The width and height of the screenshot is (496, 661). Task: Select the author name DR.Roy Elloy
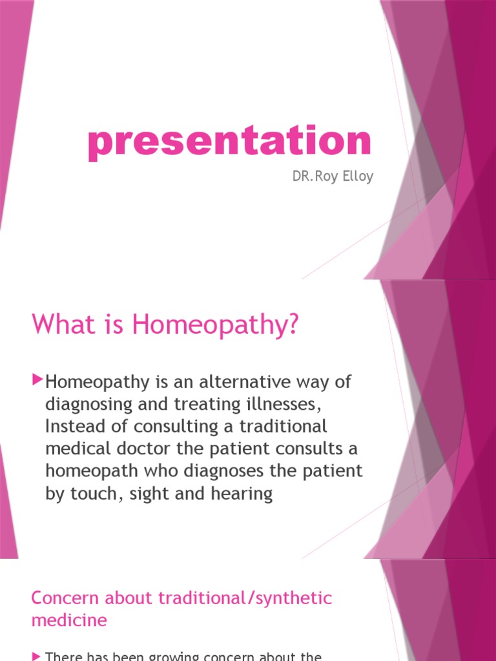coord(333,176)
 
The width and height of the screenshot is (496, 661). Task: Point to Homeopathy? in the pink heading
coord(216,325)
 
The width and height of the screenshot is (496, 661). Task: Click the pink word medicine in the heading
coord(68,621)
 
